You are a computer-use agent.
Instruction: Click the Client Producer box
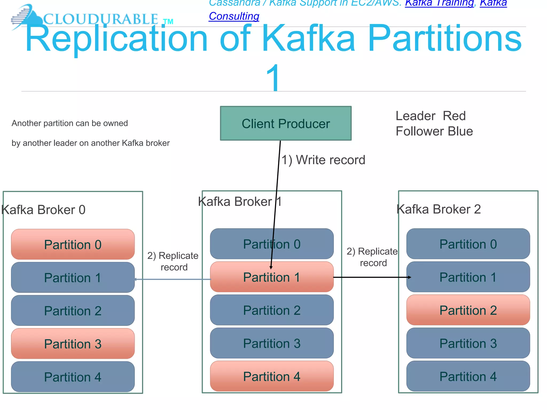[286, 123]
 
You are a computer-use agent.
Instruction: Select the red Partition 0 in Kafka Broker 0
[73, 245]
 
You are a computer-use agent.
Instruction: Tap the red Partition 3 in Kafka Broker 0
[73, 344]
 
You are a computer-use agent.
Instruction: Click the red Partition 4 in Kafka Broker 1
[272, 376]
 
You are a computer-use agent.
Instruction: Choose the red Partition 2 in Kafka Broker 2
[468, 310]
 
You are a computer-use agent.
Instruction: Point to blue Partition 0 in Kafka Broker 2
[468, 244]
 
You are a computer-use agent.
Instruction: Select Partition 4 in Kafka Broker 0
[73, 377]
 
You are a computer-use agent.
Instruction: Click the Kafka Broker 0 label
[43, 210]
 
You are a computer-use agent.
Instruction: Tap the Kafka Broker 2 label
[439, 209]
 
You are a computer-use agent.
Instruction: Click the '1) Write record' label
[323, 160]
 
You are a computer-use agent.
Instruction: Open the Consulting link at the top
[234, 16]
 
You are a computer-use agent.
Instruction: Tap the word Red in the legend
[454, 116]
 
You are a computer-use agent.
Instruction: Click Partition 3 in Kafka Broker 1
[272, 343]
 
